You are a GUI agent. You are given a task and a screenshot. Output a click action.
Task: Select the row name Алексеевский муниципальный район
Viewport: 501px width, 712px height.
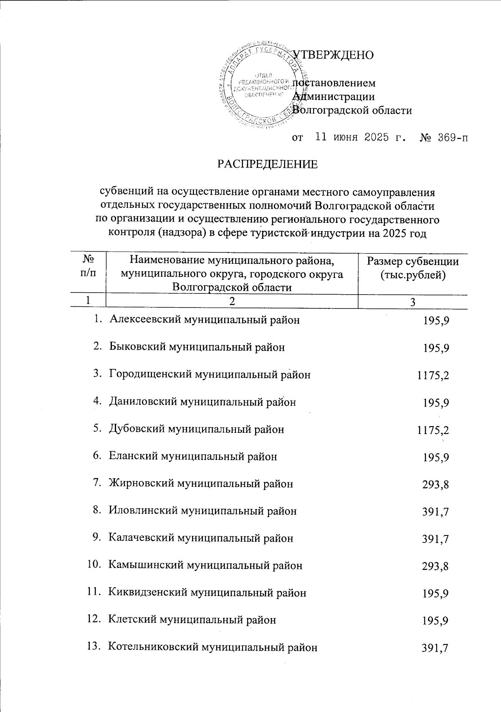(x=204, y=320)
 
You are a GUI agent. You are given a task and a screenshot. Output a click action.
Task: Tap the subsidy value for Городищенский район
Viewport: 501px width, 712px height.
(x=433, y=375)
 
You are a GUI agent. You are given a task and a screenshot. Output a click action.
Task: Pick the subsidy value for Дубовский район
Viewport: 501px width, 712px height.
(x=433, y=430)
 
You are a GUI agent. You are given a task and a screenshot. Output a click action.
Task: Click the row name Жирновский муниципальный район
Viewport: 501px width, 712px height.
(x=201, y=484)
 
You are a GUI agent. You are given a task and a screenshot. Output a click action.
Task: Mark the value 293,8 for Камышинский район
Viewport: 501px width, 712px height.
(x=436, y=566)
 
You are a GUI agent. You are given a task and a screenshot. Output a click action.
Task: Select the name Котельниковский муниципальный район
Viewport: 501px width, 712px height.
(x=213, y=647)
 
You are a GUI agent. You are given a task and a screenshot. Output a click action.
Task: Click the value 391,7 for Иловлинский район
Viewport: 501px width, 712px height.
(x=436, y=512)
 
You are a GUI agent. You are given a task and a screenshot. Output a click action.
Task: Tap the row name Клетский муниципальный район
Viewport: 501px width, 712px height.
(x=192, y=620)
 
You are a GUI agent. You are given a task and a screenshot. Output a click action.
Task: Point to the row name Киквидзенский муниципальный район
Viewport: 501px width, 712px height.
(x=207, y=593)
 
